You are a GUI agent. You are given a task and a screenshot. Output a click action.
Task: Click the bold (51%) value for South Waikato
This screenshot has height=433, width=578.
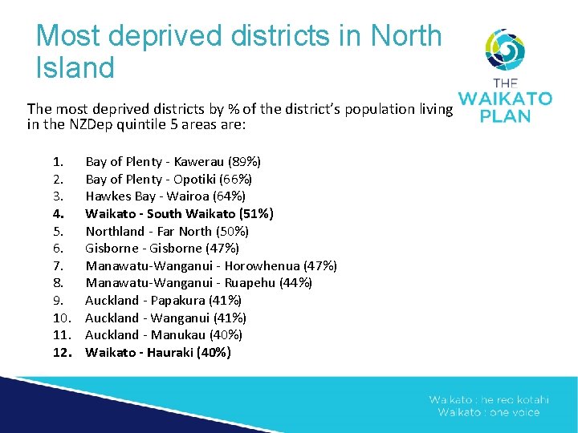pyautogui.click(x=257, y=213)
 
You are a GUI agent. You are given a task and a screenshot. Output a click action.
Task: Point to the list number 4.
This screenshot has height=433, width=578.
pyautogui.click(x=58, y=213)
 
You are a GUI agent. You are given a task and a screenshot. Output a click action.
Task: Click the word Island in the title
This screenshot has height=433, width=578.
pyautogui.click(x=75, y=67)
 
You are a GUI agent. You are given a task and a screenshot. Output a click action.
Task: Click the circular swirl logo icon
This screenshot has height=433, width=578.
pyautogui.click(x=505, y=51)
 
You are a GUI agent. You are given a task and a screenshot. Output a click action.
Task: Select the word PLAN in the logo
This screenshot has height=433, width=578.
pyautogui.click(x=505, y=116)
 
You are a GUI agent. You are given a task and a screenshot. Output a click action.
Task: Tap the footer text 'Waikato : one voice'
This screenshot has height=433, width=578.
pyautogui.click(x=489, y=412)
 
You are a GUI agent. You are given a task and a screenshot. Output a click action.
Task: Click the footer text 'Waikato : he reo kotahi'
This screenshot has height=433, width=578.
pyautogui.click(x=489, y=399)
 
